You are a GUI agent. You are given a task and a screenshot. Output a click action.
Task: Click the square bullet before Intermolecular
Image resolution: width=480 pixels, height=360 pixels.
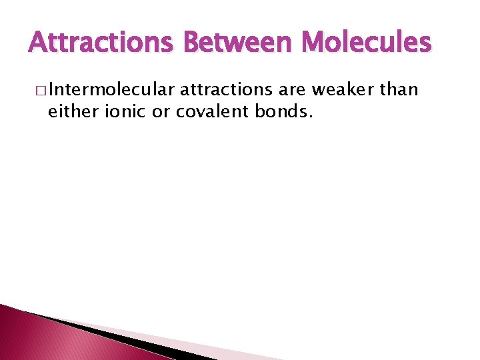coord(41,90)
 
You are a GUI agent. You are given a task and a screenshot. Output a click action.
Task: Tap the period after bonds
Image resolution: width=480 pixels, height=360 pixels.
coord(309,116)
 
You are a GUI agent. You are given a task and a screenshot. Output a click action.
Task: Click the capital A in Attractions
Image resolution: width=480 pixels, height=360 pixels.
coord(38,43)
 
